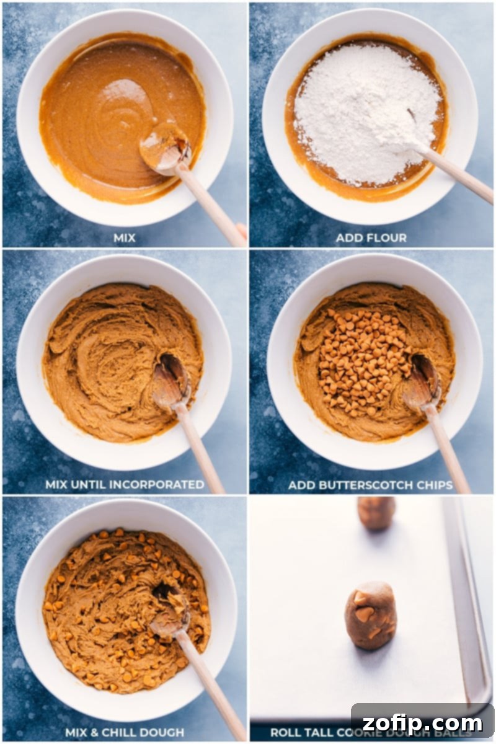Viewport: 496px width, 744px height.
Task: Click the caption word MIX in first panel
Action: [125, 238]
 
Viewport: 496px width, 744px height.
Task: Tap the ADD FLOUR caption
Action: [371, 238]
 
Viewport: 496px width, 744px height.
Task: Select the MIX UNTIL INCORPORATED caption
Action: [125, 485]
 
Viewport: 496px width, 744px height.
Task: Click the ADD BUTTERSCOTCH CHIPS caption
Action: [370, 485]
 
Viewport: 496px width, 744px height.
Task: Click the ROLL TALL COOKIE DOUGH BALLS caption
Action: [310, 732]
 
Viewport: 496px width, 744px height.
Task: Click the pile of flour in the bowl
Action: [366, 112]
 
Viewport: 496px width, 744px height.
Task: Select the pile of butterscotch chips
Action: [360, 360]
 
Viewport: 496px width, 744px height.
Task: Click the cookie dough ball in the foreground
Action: [370, 615]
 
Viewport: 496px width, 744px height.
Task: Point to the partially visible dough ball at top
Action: [376, 513]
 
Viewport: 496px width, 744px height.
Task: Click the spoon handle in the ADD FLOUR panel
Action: [459, 177]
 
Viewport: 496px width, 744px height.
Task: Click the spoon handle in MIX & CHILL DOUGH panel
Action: [211, 682]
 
